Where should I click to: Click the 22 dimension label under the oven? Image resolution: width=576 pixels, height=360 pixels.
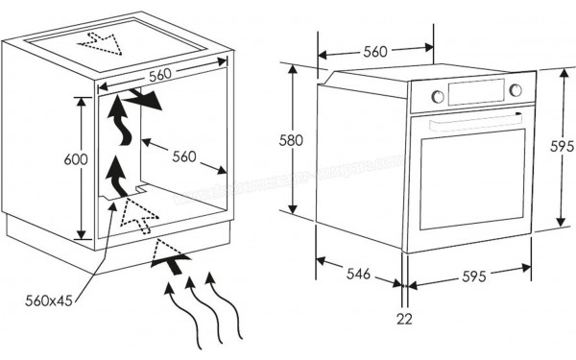405,318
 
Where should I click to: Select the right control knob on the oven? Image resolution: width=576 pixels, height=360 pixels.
516,90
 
